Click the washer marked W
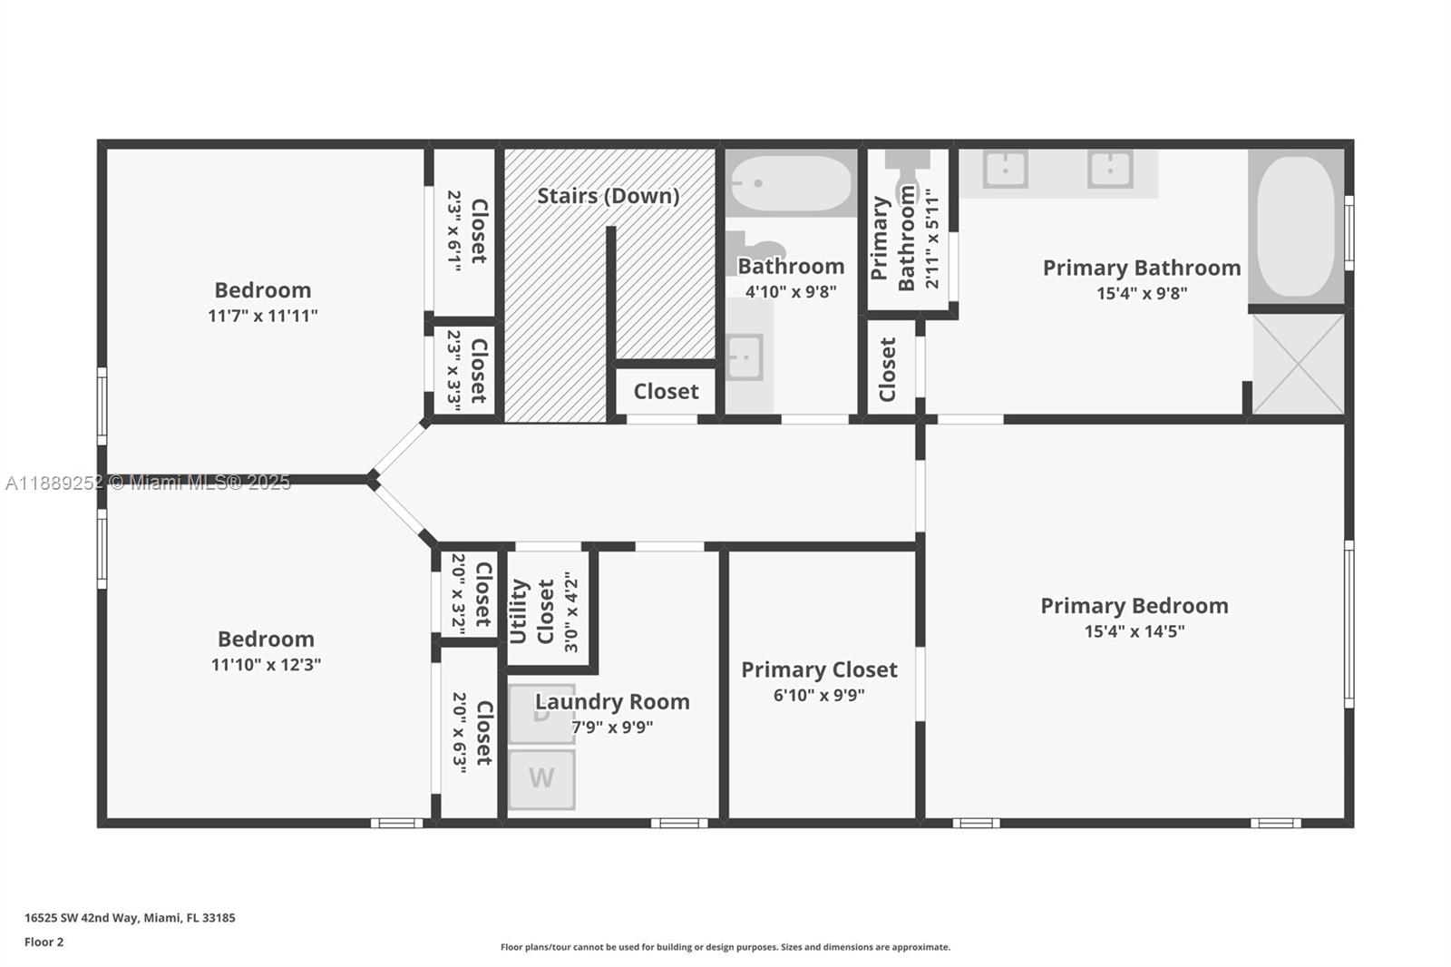(541, 778)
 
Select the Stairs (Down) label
(608, 196)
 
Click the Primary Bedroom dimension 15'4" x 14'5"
(1134, 631)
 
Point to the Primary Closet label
(819, 669)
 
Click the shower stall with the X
(1298, 364)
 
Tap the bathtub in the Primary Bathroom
(1296, 227)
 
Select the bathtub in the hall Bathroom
(791, 183)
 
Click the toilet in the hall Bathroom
(757, 251)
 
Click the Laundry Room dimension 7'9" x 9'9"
(612, 727)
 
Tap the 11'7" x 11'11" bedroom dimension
(262, 316)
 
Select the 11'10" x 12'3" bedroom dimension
(266, 664)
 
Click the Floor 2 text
(44, 942)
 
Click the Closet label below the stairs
(666, 391)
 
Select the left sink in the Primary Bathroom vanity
(1005, 169)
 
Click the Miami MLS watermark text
(148, 483)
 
